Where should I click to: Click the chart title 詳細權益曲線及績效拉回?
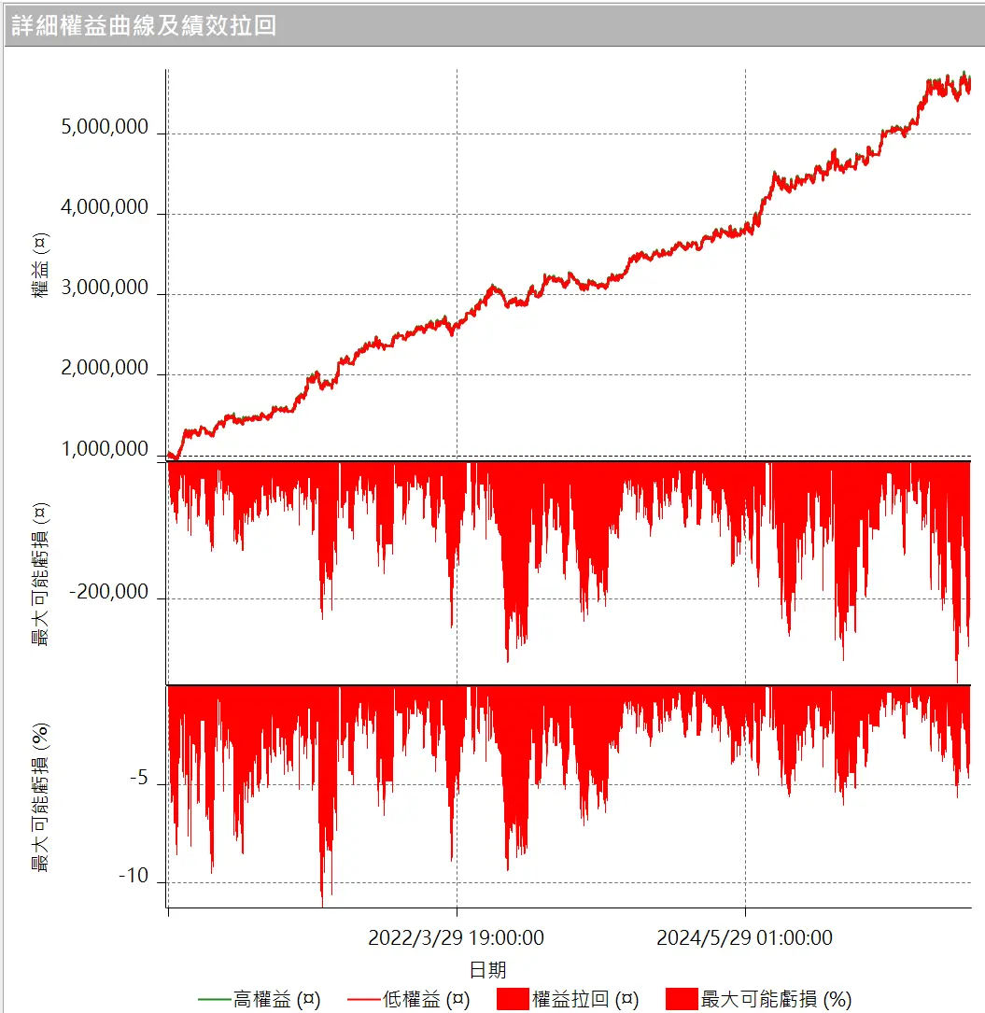144,25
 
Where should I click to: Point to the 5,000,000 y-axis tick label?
105,128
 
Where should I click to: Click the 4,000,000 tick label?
105,208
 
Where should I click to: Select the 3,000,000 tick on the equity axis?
105,288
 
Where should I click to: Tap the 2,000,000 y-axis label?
105,369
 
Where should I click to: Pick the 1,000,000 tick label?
105,449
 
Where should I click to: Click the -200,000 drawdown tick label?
109,592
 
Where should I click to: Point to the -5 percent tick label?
137,778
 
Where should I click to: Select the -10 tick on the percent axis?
134,877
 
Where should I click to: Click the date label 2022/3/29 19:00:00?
456,937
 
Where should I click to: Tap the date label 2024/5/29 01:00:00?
744,937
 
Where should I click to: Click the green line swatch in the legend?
214,1000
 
